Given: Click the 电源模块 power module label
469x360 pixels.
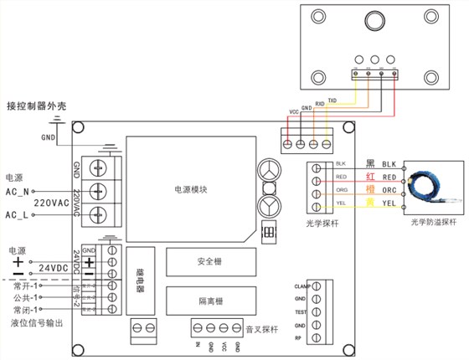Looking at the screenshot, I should click(x=191, y=189).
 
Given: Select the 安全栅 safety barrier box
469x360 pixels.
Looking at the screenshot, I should click(x=209, y=262).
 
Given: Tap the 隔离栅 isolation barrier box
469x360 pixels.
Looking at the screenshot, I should click(x=209, y=299).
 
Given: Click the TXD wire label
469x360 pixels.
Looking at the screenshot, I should click(x=332, y=100).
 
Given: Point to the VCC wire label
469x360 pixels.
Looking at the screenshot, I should click(x=294, y=111).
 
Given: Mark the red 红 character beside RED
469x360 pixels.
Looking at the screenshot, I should click(x=370, y=177).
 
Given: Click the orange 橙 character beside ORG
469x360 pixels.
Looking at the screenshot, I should click(x=370, y=190).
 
